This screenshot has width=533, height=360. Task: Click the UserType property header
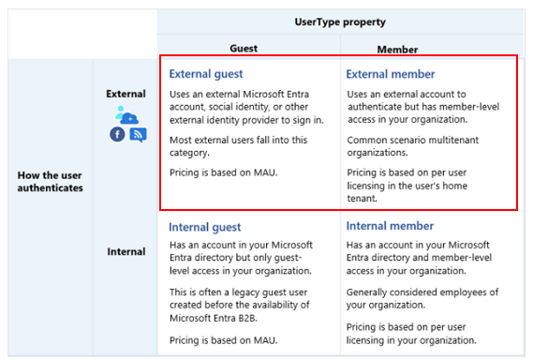pos(340,22)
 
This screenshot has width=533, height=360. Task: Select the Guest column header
pos(244,49)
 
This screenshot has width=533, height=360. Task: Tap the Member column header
pos(397,50)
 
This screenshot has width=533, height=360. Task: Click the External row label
pos(126,94)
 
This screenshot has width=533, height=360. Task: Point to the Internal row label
pos(126,251)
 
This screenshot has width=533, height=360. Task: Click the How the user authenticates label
pos(50,181)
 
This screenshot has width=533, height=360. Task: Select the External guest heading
pos(206,74)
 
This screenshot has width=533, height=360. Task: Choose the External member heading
pos(391,74)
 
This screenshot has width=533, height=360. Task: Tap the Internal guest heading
pos(204,227)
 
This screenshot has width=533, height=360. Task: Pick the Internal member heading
pos(390,226)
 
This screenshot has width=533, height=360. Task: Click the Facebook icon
pos(117,134)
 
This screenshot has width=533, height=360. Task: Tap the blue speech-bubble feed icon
pos(138,135)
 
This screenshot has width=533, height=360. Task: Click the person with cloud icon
pos(126,114)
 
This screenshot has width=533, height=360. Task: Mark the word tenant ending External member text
pos(362,199)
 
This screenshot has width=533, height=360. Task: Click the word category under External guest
pos(189,153)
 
